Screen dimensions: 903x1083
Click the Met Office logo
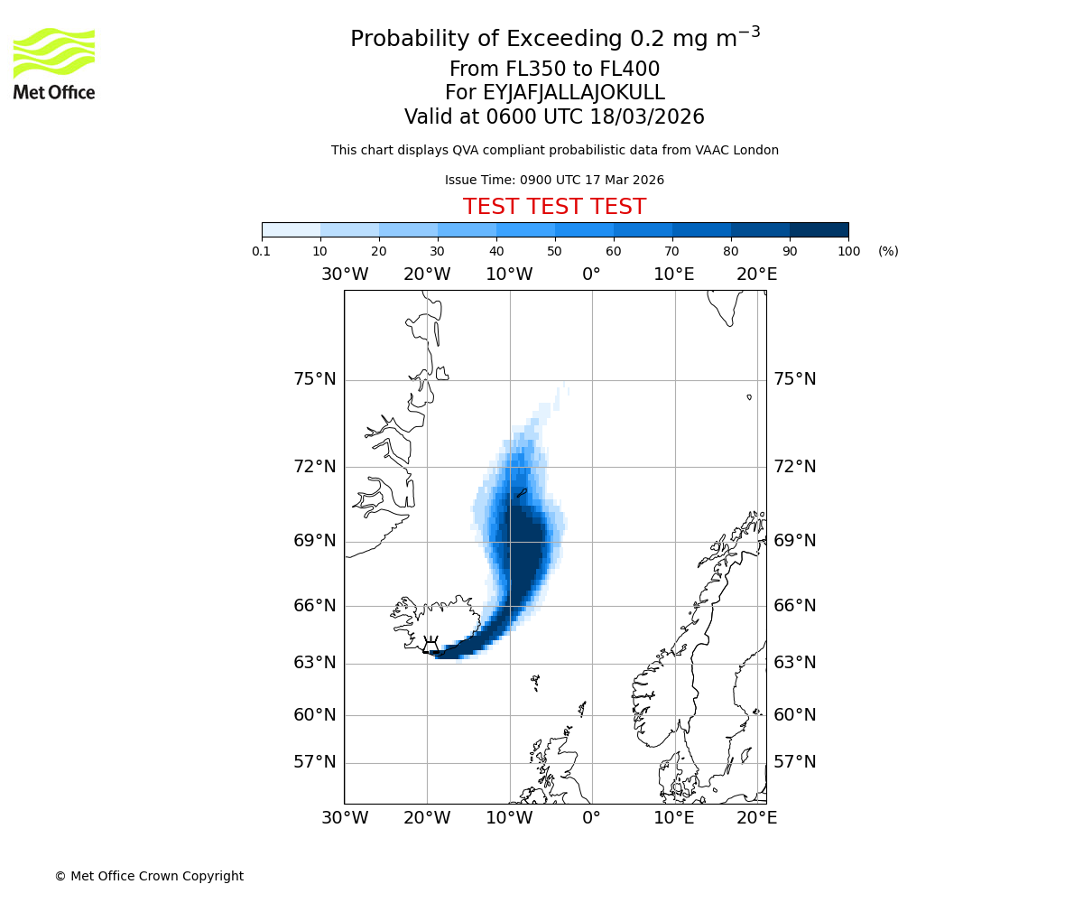[54, 63]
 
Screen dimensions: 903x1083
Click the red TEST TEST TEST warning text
[554, 207]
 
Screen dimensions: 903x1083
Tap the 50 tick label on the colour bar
[554, 252]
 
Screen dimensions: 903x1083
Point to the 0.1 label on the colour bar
[262, 252]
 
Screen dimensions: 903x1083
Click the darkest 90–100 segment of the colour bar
[819, 229]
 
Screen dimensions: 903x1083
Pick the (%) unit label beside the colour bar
[888, 252]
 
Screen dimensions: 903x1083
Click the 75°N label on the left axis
[314, 379]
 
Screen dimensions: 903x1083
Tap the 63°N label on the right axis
[794, 663]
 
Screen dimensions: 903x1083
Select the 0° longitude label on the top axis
[591, 275]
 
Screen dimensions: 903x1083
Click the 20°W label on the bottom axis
[427, 818]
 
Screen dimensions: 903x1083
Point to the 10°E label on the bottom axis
[673, 818]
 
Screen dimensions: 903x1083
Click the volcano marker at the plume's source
[430, 645]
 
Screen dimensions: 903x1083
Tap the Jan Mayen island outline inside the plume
[521, 493]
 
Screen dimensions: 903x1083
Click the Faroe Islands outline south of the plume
[535, 682]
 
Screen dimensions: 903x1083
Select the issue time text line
[554, 181]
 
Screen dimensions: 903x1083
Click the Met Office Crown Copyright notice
[149, 877]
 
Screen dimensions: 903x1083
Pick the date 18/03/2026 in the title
[647, 117]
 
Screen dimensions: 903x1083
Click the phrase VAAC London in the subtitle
[737, 151]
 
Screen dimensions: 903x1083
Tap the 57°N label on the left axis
[314, 762]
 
